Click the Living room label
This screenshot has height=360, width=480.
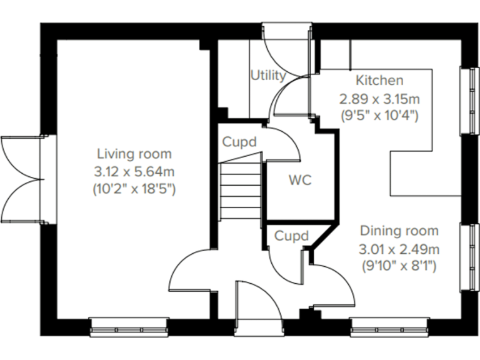click(x=134, y=154)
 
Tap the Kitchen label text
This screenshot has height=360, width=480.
click(x=379, y=81)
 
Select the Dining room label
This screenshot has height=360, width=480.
click(x=399, y=231)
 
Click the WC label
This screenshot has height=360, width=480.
click(x=299, y=181)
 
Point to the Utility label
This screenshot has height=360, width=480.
click(x=268, y=76)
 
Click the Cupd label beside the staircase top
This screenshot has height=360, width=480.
click(x=239, y=142)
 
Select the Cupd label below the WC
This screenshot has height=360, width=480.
click(x=292, y=236)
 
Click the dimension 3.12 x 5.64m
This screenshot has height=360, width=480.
click(x=134, y=171)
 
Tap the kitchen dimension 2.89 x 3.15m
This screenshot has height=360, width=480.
click(x=379, y=98)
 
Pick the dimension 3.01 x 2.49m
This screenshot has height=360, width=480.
click(x=399, y=249)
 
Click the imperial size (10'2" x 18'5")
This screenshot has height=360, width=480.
click(x=134, y=188)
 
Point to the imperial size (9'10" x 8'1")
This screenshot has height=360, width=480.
click(x=399, y=266)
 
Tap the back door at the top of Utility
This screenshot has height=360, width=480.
click(x=286, y=47)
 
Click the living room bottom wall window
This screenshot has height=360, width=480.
click(x=129, y=325)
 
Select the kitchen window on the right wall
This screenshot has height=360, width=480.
click(x=467, y=99)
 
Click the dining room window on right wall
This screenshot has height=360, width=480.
click(x=467, y=256)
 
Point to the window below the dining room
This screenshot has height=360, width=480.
click(x=389, y=325)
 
